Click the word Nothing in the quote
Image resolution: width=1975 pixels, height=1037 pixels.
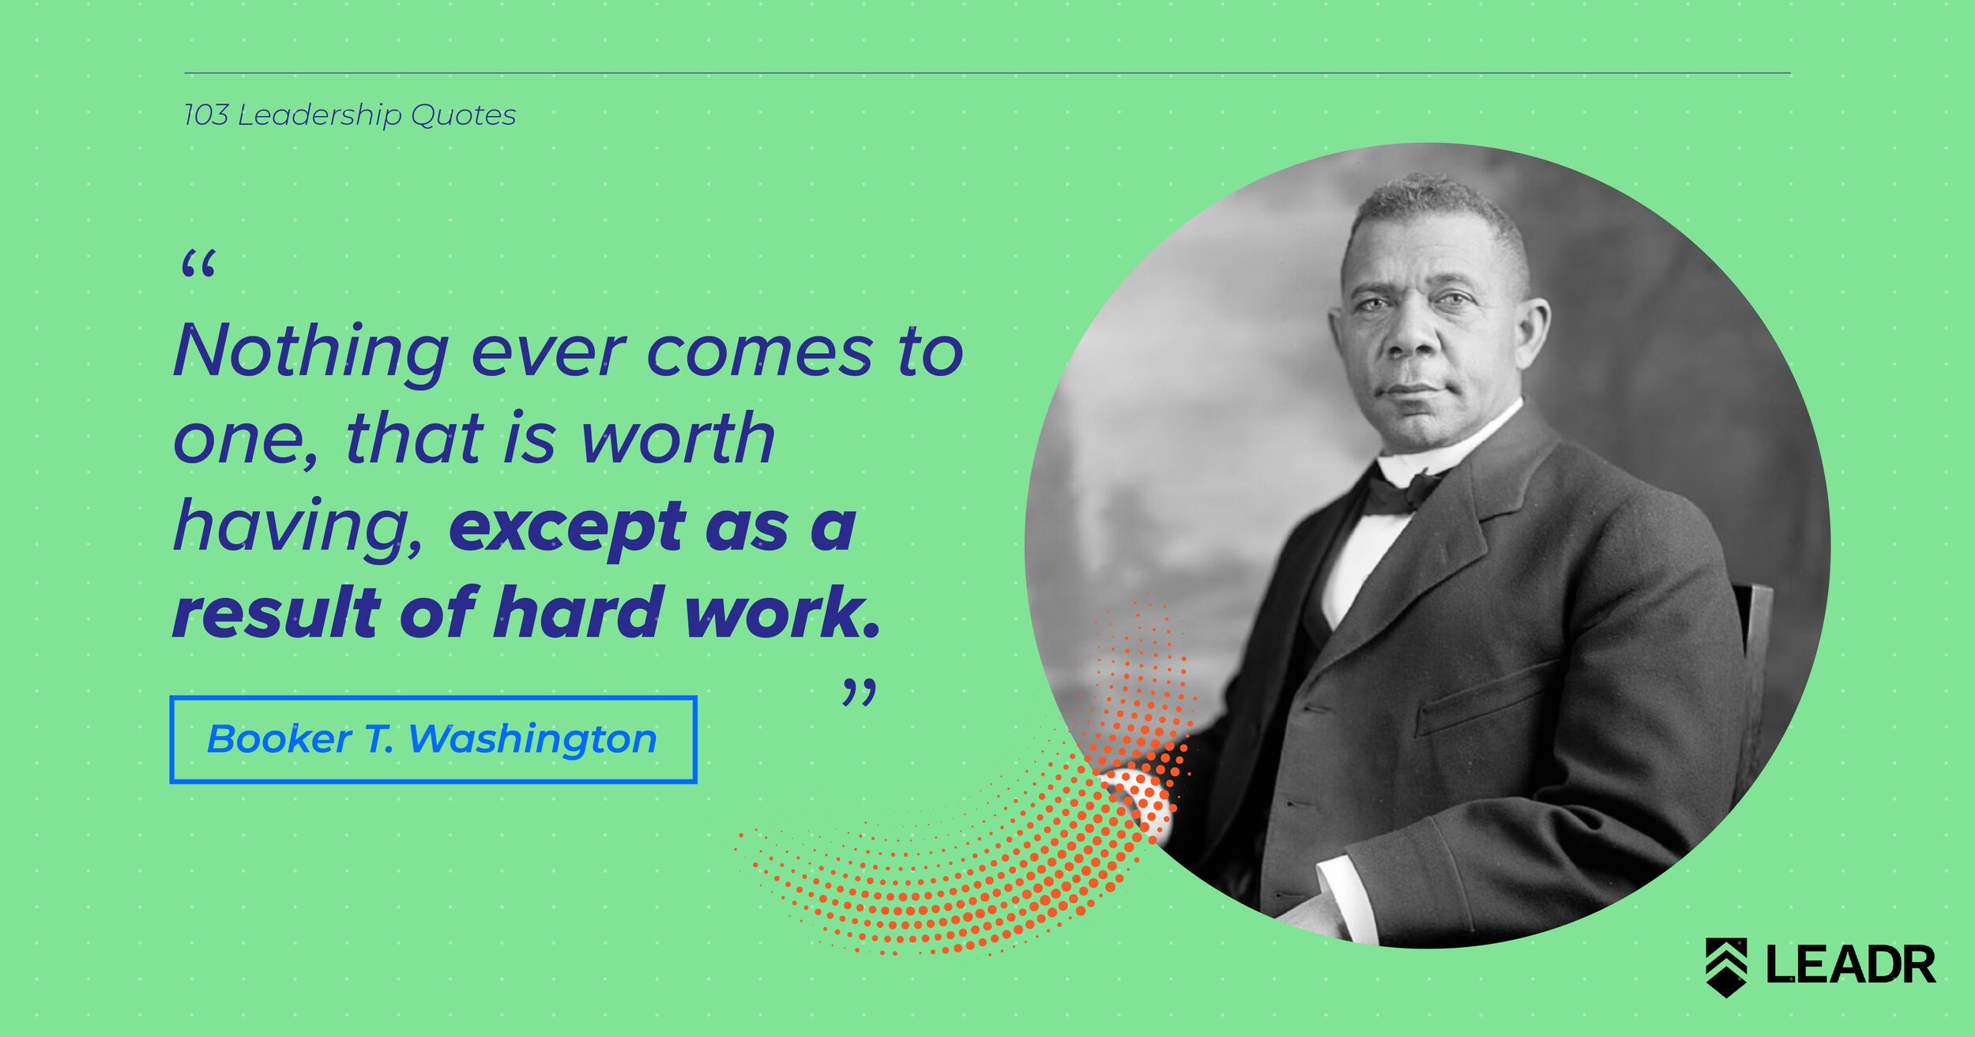click(x=311, y=352)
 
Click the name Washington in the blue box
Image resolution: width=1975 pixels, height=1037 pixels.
click(x=533, y=740)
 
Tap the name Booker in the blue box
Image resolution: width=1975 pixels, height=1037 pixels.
click(x=279, y=739)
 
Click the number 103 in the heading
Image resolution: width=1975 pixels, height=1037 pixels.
click(x=206, y=115)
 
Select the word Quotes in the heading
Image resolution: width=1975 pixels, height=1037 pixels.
click(x=464, y=116)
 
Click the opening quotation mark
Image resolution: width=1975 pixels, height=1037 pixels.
click(x=197, y=264)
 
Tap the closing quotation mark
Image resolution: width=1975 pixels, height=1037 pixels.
click(x=859, y=691)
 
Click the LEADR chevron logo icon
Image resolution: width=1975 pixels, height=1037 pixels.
click(x=1726, y=967)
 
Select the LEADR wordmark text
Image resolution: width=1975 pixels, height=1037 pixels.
click(x=1851, y=964)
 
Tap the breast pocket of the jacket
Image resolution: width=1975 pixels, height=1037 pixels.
click(x=1485, y=698)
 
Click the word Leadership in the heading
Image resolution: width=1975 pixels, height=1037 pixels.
click(x=320, y=116)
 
